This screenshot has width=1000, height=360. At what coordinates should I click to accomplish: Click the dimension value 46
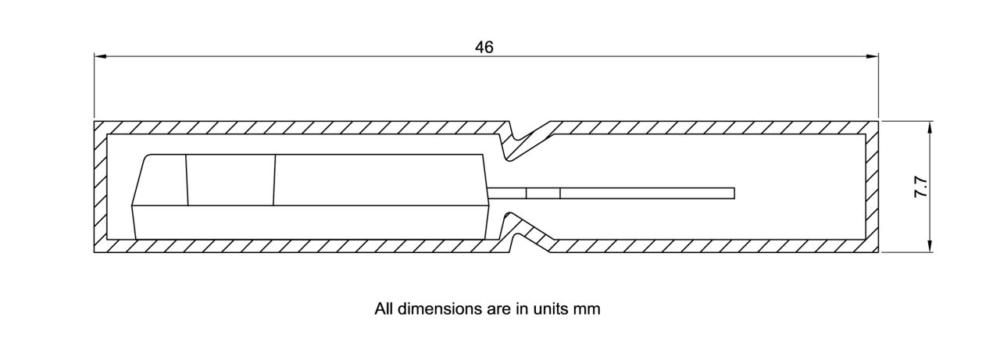point(484,47)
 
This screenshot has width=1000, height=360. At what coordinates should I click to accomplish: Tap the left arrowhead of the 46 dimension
point(99,56)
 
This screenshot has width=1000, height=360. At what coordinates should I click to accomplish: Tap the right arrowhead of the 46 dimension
point(873,56)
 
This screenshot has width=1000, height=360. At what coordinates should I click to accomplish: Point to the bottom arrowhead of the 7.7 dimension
point(930,248)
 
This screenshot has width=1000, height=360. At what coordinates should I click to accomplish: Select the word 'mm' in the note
point(587,308)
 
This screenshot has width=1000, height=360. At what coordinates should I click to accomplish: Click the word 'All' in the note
point(384,308)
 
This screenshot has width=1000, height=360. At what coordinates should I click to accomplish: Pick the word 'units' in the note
point(552,308)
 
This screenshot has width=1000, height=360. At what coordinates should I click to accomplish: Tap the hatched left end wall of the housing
point(100,187)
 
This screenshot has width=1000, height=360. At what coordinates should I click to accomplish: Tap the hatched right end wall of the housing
point(872,187)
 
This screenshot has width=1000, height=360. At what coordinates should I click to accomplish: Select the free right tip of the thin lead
point(734,193)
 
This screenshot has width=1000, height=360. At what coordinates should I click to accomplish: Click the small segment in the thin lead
point(543,193)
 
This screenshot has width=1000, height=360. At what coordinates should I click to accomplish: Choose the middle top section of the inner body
point(230,180)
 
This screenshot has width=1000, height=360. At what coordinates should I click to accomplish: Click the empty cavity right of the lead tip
point(797,193)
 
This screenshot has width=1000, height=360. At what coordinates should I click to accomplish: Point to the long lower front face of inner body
point(312,223)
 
